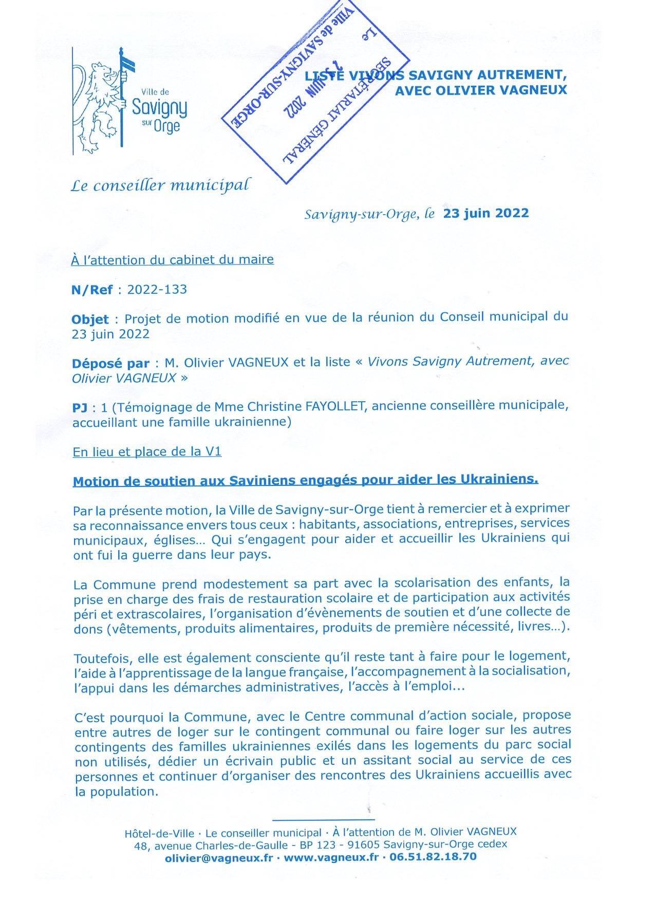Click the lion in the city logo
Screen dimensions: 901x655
[x=100, y=105]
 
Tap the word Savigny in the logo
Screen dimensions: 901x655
[x=159, y=108]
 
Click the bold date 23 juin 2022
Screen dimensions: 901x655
[x=486, y=213]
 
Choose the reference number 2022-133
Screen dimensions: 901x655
[x=157, y=289]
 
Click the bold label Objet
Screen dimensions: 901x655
[x=90, y=320]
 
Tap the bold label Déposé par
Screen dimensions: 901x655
[x=110, y=364]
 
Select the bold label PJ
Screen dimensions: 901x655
[x=80, y=408]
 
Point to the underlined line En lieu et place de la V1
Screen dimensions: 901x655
[x=147, y=452]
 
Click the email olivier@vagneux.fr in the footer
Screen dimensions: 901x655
[x=219, y=858]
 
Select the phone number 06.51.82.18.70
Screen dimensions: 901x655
[x=433, y=857]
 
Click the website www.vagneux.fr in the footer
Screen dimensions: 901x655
[x=331, y=857]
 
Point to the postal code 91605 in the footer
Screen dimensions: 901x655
[x=363, y=844]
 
